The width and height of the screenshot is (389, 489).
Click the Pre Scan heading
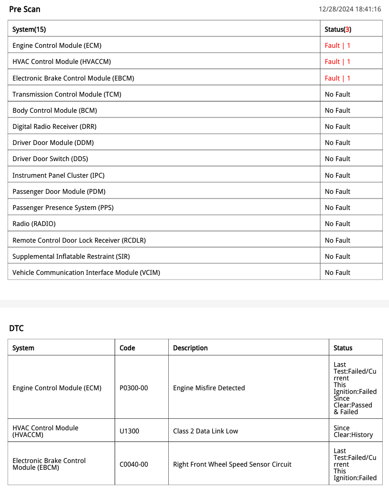point(24,9)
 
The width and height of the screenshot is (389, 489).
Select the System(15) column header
point(29,29)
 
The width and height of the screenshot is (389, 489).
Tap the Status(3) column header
point(338,29)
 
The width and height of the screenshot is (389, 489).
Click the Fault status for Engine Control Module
point(338,46)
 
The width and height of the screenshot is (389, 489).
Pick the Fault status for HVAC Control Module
point(338,62)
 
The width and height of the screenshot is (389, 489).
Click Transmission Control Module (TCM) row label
point(67,94)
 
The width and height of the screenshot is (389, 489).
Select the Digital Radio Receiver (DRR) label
point(55,126)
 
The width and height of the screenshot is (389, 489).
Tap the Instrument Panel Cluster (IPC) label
point(58,175)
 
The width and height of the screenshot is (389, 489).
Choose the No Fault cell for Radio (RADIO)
point(338,223)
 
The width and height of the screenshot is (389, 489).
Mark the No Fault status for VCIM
point(338,272)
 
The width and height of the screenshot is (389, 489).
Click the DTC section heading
point(16,328)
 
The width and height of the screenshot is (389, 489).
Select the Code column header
point(127,348)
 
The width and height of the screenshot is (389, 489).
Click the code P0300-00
point(133,388)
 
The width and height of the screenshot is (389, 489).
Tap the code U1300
point(129,431)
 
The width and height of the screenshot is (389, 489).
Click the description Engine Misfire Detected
point(209,388)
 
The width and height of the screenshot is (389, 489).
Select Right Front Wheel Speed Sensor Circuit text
point(232,464)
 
